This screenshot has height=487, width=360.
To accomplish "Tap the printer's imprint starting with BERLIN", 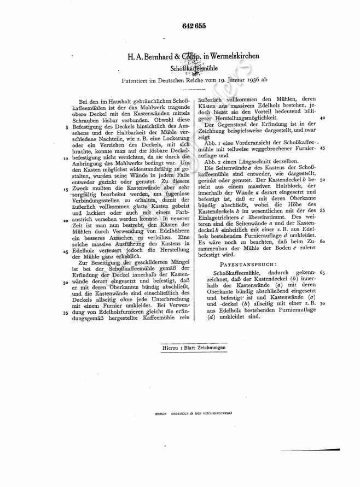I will coord(198,414).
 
